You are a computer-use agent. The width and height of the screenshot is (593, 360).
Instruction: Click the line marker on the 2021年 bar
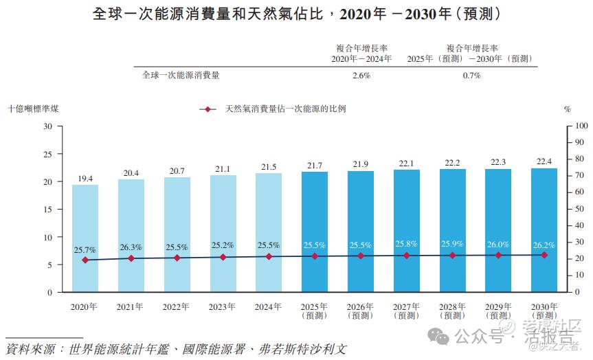(131, 258)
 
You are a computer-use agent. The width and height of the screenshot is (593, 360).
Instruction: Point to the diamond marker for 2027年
(406, 256)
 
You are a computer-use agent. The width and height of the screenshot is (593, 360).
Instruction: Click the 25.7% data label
(85, 250)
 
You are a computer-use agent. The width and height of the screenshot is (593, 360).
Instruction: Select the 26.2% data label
(544, 245)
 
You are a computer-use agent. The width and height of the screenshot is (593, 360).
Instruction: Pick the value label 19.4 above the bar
(85, 179)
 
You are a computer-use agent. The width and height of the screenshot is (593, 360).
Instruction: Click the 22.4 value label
(544, 161)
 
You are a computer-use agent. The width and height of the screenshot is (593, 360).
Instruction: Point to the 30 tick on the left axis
(48, 126)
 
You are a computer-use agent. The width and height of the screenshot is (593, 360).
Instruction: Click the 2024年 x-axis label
(269, 306)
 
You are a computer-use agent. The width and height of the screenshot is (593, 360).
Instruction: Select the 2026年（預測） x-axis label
(360, 311)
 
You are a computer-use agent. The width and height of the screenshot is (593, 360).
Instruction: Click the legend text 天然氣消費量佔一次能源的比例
(285, 109)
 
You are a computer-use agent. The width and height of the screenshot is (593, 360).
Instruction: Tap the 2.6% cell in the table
(361, 76)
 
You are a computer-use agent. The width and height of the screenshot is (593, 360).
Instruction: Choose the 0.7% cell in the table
(471, 76)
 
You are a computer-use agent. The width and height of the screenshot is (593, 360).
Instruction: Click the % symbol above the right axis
(567, 109)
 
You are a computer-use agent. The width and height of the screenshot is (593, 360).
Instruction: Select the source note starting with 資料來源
(175, 349)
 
